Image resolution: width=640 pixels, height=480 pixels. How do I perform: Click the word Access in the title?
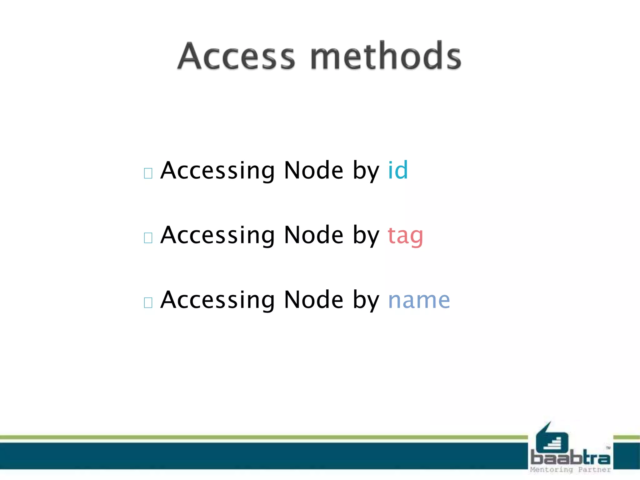pos(236,56)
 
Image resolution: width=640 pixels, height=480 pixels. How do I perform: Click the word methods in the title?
pos(386,56)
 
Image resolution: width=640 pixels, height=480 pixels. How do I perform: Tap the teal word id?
pos(398,170)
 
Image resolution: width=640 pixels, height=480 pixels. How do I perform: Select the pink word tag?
pos(405,235)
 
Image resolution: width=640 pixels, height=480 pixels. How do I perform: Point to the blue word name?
pos(419,300)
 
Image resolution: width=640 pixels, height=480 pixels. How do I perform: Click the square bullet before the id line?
pos(148,173)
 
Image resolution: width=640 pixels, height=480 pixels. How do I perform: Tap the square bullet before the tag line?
pos(148,238)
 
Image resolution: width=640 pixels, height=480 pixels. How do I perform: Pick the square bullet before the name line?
pos(148,302)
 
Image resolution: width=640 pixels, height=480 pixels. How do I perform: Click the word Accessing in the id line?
pos(217,171)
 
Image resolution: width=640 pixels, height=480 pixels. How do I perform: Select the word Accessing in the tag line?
pos(217,236)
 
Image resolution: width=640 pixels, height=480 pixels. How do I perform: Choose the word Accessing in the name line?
pos(217,300)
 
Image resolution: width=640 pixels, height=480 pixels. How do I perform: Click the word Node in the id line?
pos(314,170)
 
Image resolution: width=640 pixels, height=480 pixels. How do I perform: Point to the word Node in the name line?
pos(314,300)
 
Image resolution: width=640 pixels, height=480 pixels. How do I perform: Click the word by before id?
pos(366,171)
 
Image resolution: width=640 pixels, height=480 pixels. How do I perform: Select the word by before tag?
pos(366,236)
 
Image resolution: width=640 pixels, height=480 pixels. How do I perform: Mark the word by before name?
pos(366,300)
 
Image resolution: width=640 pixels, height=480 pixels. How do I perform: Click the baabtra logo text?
pos(570,458)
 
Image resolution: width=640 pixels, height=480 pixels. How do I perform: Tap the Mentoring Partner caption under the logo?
pos(570,470)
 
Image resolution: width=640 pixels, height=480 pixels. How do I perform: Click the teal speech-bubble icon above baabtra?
pos(552,439)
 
